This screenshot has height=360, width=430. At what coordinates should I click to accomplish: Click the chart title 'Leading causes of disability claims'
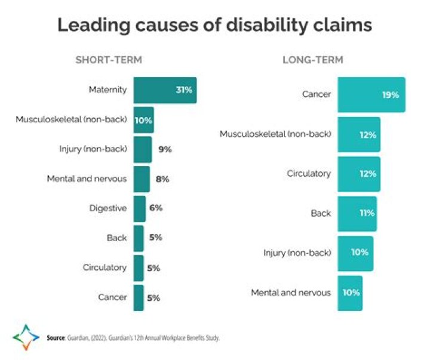[214, 26]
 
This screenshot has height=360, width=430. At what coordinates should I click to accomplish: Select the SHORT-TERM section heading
[108, 60]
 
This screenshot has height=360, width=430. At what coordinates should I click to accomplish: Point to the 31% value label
[183, 90]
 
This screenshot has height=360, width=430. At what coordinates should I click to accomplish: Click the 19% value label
[391, 95]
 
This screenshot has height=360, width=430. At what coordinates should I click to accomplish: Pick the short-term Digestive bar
[139, 208]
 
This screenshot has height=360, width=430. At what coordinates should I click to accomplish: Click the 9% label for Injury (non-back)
[165, 149]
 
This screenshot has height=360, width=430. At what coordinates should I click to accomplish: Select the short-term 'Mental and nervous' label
[87, 179]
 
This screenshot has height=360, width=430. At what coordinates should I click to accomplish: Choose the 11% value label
[367, 213]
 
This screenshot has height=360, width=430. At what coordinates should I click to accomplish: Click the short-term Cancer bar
[139, 297]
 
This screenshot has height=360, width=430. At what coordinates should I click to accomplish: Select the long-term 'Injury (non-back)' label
[297, 253]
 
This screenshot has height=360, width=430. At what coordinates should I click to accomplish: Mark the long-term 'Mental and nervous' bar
[349, 293]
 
